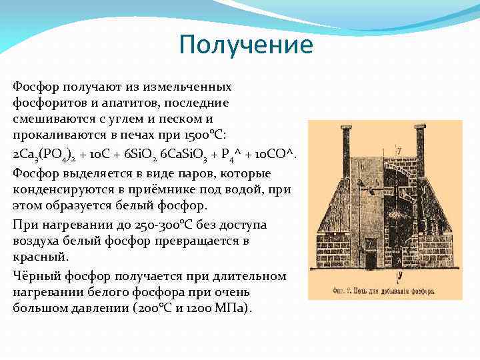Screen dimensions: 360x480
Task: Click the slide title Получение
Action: point(246,45)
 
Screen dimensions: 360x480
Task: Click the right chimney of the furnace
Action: point(419,144)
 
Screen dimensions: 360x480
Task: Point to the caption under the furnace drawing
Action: point(384,291)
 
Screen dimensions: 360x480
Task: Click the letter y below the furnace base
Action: point(398,274)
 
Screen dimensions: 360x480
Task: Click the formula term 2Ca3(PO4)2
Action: point(44,156)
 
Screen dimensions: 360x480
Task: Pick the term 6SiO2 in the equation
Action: point(138,155)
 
